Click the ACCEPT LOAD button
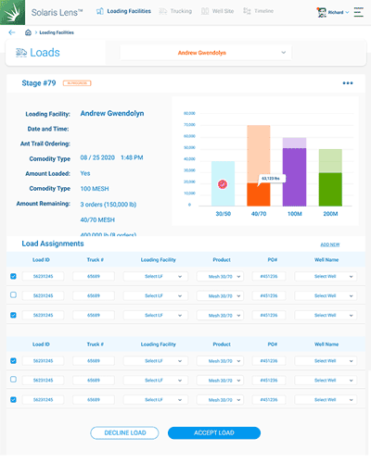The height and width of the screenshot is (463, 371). coord(213,432)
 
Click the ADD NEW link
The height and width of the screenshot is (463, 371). coord(329,244)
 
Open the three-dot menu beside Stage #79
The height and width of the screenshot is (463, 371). coord(348,83)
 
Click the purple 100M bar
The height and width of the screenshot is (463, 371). coord(294,176)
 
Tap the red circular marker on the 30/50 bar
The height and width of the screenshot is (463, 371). coord(223,184)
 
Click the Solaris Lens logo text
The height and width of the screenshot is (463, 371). coord(55,12)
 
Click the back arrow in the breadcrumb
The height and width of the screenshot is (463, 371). coord(11,32)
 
